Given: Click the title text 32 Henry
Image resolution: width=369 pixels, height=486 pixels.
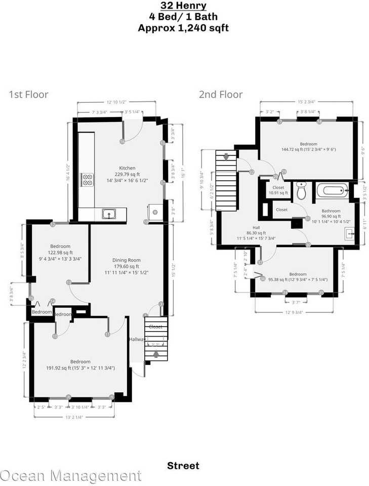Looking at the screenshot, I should pos(183,6).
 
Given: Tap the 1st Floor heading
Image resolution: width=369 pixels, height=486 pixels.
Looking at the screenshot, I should pos(28,94).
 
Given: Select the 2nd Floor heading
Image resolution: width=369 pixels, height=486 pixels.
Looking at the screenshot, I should pos(220,94).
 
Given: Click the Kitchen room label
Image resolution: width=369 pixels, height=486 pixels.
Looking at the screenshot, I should pos(127,168).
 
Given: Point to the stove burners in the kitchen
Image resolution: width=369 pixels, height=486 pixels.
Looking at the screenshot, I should pos(88,179).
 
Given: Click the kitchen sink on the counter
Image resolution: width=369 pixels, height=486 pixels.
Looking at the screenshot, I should pos(108,214).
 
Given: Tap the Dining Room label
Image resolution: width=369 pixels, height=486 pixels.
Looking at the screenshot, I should pos(126,260).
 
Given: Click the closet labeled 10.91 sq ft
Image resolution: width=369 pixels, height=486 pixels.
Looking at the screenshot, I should pos(278,190).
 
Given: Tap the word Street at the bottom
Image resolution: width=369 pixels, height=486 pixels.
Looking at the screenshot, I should pos(183,465).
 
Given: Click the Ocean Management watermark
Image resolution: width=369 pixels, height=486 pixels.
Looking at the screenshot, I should pos(71,475).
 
